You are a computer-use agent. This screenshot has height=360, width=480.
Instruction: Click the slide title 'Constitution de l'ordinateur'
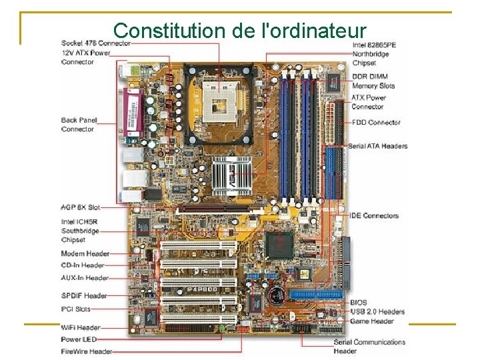tap(240, 30)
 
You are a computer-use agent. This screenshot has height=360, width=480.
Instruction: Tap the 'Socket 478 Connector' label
tap(96, 43)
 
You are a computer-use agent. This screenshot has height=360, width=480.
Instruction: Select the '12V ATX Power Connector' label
tap(86, 57)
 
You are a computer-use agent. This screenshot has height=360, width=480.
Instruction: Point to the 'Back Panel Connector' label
tap(79, 125)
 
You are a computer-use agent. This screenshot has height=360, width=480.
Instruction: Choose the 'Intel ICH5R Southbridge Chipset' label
tap(81, 231)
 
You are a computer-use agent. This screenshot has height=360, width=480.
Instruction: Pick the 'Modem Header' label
tap(84, 253)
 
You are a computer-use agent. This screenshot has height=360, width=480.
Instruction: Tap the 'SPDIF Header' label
tap(84, 295)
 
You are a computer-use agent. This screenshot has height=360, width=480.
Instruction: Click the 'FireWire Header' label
tap(87, 351)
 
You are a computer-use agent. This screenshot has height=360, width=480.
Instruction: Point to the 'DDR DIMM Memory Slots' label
tap(373, 81)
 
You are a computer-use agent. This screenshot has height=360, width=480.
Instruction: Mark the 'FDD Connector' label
tap(375, 123)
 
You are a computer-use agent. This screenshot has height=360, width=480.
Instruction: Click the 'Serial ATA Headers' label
tap(377, 146)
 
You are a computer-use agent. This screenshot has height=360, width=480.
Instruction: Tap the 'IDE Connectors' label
tap(374, 216)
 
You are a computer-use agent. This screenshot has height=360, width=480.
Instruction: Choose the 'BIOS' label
tap(359, 303)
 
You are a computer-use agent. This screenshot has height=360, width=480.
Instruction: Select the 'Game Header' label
tap(371, 321)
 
